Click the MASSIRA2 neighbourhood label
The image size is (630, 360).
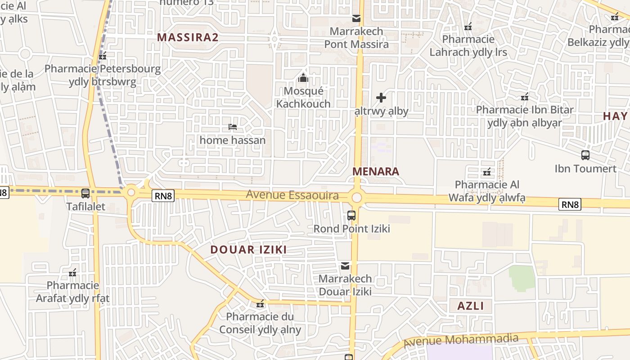tap(188, 37)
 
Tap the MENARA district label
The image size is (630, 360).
tap(376, 171)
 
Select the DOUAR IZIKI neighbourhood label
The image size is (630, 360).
tap(248, 250)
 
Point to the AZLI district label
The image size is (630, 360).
tap(471, 306)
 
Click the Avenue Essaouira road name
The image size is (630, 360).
tap(292, 195)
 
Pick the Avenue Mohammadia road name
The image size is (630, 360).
tap(461, 341)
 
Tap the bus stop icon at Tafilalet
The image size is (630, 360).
tap(85, 193)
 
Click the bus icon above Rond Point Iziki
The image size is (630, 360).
tap(351, 216)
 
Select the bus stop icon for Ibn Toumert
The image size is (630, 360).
tap(585, 155)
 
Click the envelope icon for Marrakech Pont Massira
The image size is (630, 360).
tap(356, 18)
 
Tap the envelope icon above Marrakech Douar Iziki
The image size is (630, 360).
tap(345, 265)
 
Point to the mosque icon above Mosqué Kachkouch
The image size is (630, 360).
tap(303, 78)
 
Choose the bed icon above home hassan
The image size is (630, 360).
tap(233, 127)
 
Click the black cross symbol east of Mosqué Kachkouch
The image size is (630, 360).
tap(381, 98)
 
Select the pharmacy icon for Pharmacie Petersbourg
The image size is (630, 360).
tap(103, 56)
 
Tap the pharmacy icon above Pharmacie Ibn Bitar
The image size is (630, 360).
tap(524, 97)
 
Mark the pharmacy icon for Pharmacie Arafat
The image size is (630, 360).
tap(72, 273)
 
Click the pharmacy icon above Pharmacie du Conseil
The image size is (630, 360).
tap(260, 304)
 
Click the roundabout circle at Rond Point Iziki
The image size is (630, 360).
tap(357, 198)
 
